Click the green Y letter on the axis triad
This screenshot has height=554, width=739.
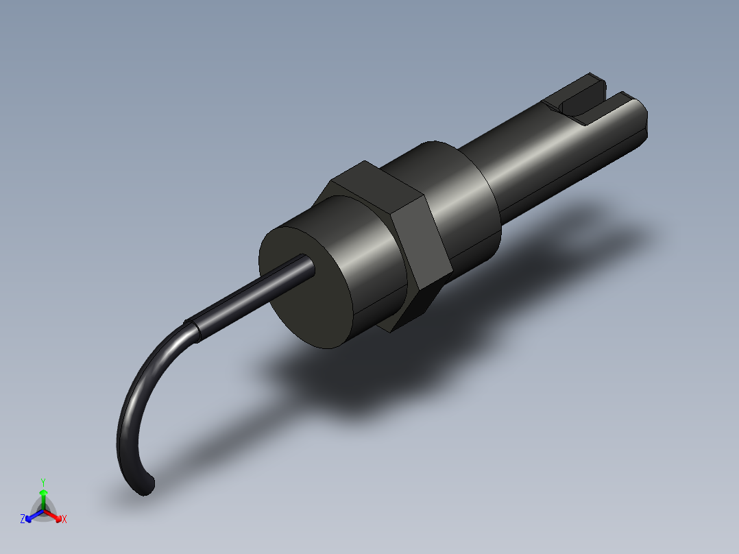tap(43, 482)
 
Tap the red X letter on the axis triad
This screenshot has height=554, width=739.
tap(64, 519)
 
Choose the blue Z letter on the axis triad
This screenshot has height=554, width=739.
tap(23, 519)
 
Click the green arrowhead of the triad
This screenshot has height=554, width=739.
tap(43, 493)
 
